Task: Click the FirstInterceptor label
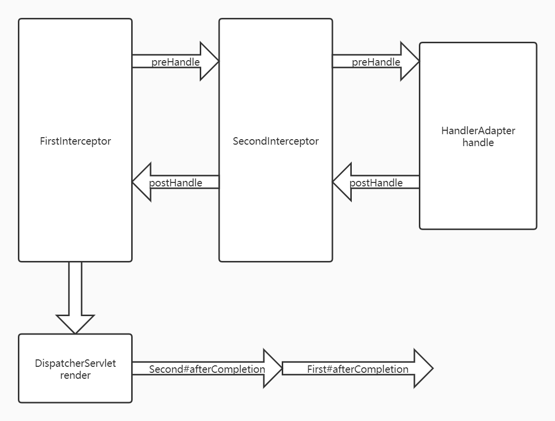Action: coord(75,141)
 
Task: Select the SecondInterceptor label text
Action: coord(276,141)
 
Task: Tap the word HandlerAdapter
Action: coord(478,131)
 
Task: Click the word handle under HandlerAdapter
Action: coord(478,143)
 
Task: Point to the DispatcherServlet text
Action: coord(75,363)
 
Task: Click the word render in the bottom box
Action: coord(75,375)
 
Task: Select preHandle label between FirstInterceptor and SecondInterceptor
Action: coord(175,62)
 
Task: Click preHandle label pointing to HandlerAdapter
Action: coord(376,62)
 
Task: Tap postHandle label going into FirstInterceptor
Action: coord(175,183)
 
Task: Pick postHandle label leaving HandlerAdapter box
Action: coord(376,183)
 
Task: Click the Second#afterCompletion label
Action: coord(207,369)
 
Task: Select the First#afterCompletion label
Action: coord(357,369)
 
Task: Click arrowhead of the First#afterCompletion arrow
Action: coord(423,369)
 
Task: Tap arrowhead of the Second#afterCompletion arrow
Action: coord(272,369)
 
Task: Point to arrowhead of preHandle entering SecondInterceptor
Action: coord(209,61)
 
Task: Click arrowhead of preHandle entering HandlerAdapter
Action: coord(409,61)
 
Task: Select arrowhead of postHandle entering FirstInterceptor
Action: coord(142,182)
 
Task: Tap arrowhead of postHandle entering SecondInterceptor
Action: coord(342,182)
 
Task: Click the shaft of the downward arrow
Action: coord(75,288)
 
